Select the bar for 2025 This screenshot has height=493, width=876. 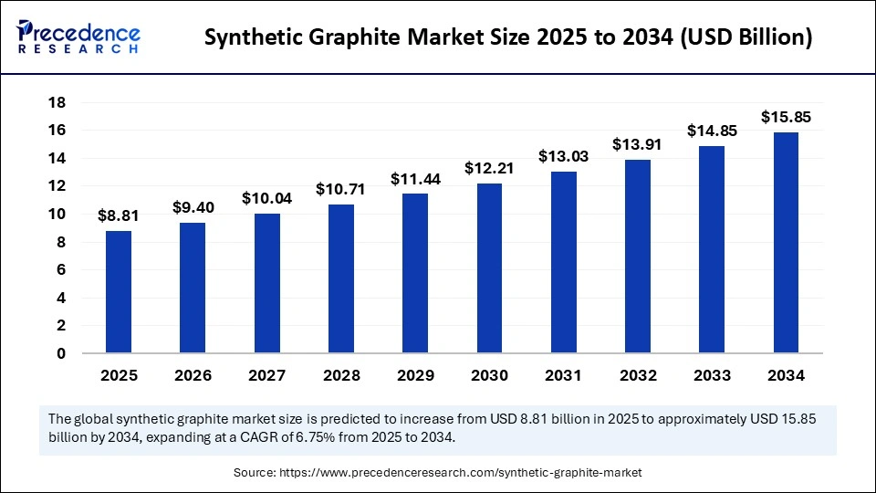[119, 292]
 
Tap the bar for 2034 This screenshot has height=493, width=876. [786, 243]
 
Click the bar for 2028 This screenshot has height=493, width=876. [341, 278]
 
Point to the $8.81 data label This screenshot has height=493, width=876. [119, 217]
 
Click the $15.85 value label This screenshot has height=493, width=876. [786, 118]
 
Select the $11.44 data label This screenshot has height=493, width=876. [415, 180]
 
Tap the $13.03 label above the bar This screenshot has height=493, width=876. [563, 157]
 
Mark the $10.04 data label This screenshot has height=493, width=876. [266, 199]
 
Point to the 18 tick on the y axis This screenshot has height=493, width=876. [56, 103]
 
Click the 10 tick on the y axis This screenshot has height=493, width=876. [56, 215]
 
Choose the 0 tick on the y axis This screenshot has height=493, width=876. [60, 354]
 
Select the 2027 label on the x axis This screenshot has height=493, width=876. [266, 375]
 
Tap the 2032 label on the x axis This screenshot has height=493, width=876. [638, 375]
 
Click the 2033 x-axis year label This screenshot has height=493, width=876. [712, 375]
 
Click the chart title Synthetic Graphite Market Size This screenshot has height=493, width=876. [507, 37]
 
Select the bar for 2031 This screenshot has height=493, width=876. [563, 262]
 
